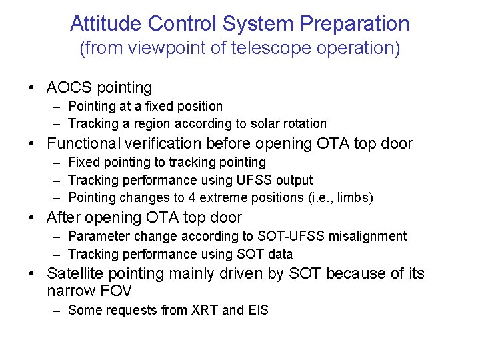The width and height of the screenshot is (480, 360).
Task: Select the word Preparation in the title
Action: pos(355,24)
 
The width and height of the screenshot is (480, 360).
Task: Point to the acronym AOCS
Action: pos(70,87)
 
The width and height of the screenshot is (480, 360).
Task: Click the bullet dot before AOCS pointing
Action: pos(32,88)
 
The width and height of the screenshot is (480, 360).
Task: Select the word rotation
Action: pos(303,123)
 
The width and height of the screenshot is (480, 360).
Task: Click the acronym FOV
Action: pos(116,291)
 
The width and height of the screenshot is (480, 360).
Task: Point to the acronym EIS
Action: pos(257,310)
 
